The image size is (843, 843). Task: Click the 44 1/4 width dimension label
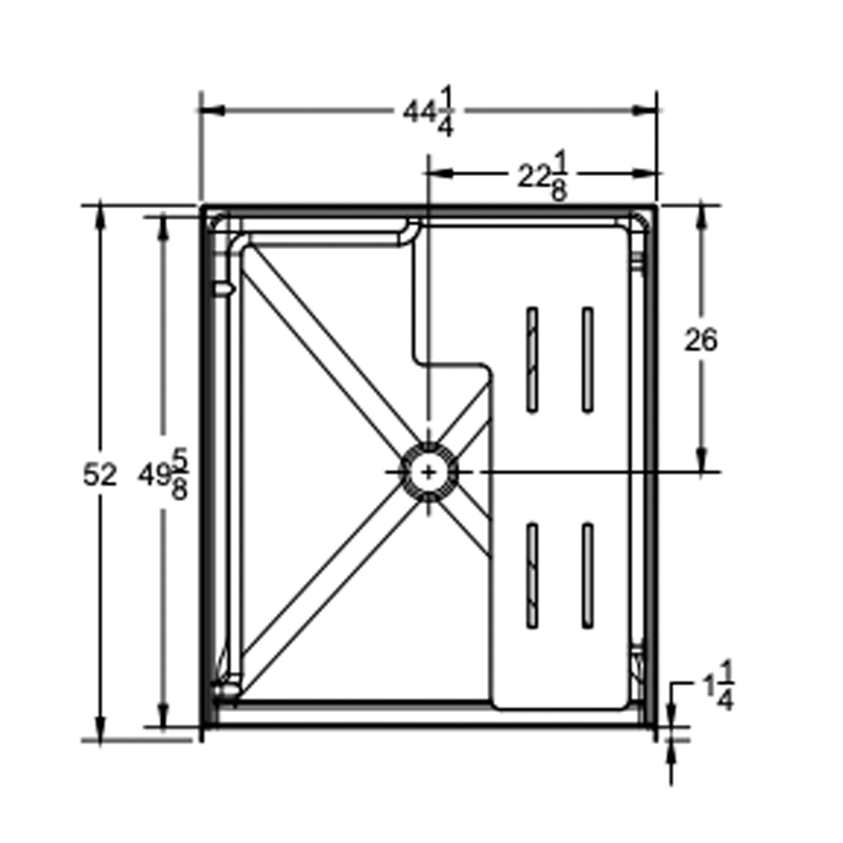430,111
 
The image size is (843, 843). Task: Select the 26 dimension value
700,340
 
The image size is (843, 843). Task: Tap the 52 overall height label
100,475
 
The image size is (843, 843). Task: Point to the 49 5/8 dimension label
164,475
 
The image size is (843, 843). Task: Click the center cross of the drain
428,472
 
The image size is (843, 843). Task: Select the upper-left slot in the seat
532,360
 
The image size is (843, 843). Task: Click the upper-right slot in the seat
587,360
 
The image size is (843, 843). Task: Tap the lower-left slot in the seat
532,575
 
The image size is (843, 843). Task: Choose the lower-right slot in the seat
587,575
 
